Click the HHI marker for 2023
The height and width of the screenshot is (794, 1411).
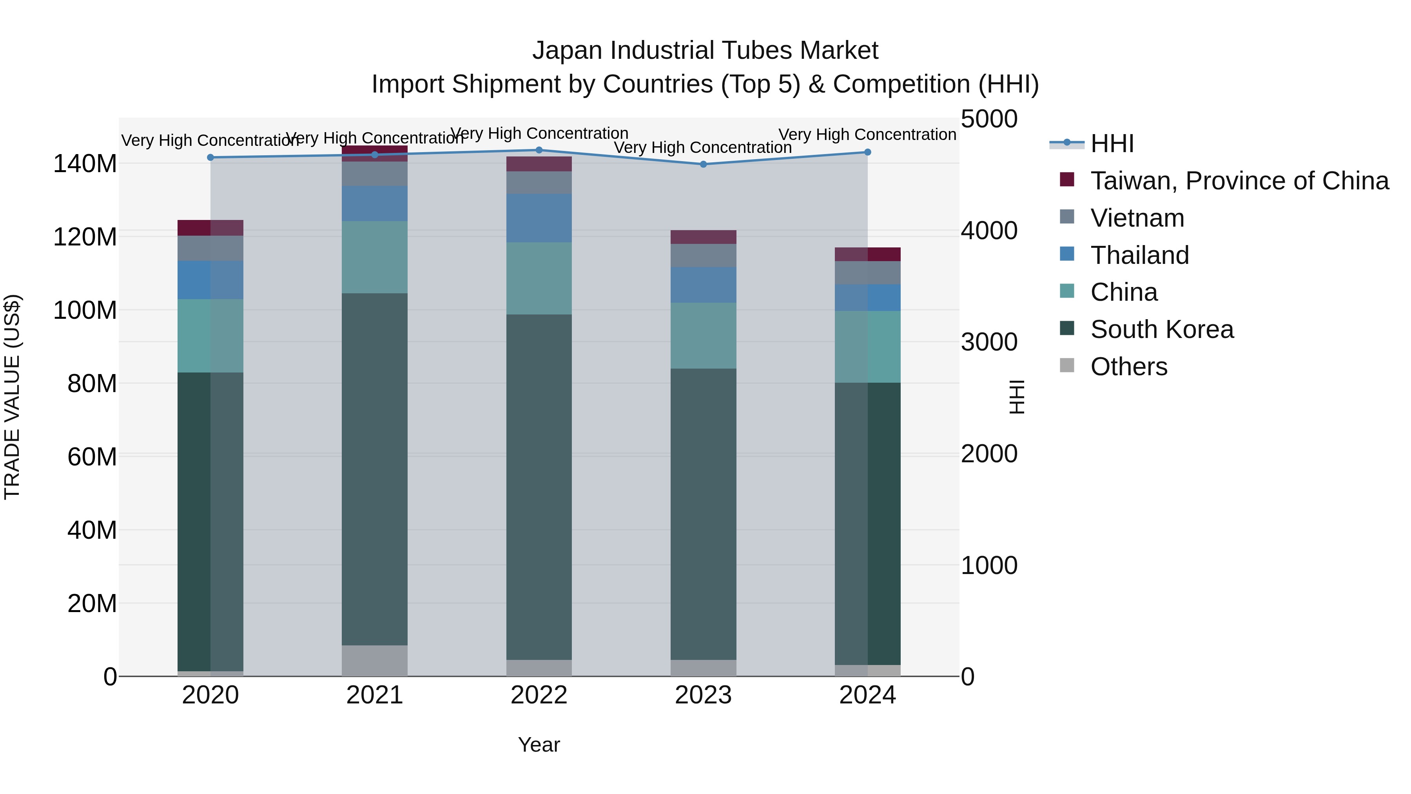[703, 164]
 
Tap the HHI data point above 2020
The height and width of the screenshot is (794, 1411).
[210, 158]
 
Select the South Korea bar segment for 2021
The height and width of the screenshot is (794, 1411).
[375, 469]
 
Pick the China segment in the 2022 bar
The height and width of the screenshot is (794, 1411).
[539, 278]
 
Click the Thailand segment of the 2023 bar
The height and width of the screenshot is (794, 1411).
[703, 285]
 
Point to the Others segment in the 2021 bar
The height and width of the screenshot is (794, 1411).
[375, 660]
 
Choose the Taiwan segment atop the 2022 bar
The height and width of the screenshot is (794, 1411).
[539, 164]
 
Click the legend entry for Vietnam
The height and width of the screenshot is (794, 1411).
[1137, 218]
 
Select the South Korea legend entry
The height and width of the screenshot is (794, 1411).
[1162, 329]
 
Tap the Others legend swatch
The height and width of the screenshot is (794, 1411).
[1067, 365]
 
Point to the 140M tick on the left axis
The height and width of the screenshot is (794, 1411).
[85, 164]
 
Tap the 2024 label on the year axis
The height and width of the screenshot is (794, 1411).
[868, 695]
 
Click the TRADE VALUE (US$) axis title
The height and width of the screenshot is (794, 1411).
[12, 397]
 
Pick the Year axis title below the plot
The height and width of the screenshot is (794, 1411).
[539, 745]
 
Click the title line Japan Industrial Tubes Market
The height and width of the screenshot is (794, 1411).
[705, 51]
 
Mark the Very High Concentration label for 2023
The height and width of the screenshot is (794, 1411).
[703, 147]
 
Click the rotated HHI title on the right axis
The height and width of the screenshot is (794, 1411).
[1017, 397]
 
